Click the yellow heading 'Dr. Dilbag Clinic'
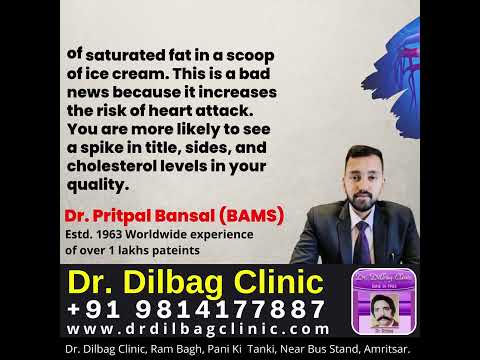pyautogui.click(x=195, y=281)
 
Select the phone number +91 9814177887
pyautogui.click(x=196, y=308)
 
